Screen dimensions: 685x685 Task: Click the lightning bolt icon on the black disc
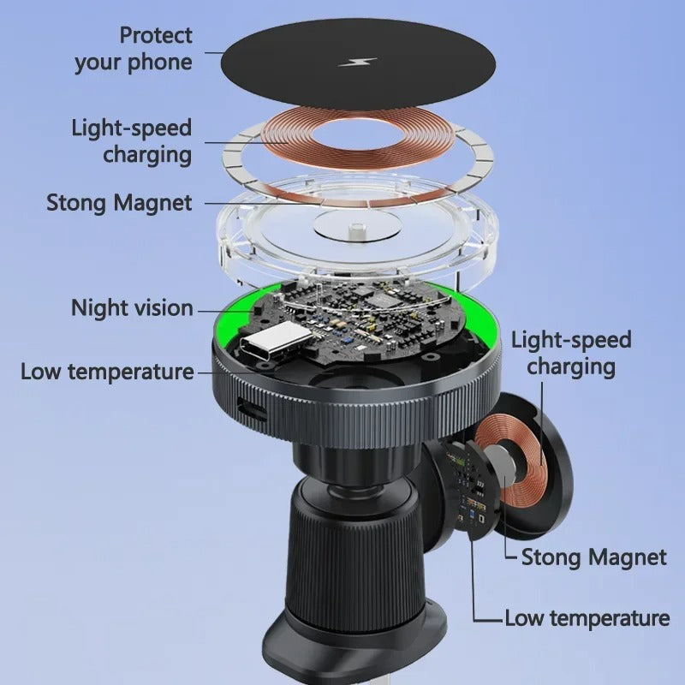(x=358, y=62)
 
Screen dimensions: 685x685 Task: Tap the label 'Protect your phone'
(x=134, y=49)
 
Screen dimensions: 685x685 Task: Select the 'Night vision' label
(x=132, y=308)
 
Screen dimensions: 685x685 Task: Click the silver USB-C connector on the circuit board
(x=276, y=341)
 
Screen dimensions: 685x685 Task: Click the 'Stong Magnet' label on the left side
(x=119, y=203)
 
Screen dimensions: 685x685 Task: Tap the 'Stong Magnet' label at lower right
(x=594, y=557)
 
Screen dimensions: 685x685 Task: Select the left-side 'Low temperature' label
(x=108, y=372)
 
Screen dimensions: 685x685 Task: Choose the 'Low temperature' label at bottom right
(x=587, y=618)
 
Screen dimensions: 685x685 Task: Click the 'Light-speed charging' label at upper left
(x=132, y=141)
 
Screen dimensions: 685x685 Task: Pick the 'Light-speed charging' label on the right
(x=571, y=353)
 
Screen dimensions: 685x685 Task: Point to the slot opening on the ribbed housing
(x=252, y=408)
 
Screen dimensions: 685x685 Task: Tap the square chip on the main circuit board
(x=379, y=298)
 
